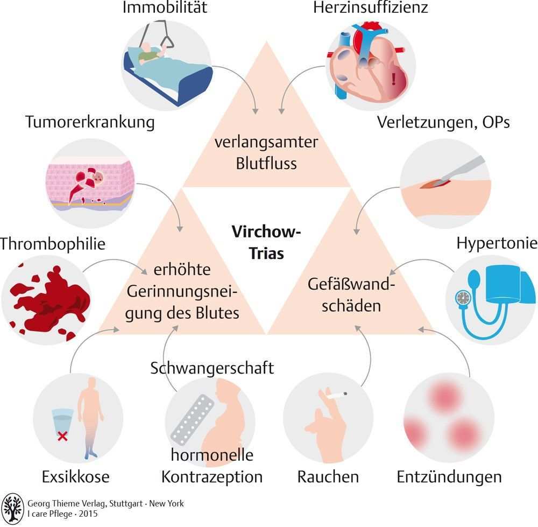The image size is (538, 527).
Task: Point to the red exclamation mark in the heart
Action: point(395,79)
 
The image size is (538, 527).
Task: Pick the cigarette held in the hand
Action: point(335,396)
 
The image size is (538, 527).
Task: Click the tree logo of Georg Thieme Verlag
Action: point(12,508)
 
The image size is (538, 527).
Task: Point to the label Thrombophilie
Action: point(52,244)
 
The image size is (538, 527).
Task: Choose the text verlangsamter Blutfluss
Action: point(266,152)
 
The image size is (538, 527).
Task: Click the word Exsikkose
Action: point(75,476)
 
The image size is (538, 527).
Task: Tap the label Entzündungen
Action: point(449,476)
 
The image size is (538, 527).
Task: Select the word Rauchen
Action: point(328,476)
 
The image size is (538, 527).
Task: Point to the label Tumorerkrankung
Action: point(90,122)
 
